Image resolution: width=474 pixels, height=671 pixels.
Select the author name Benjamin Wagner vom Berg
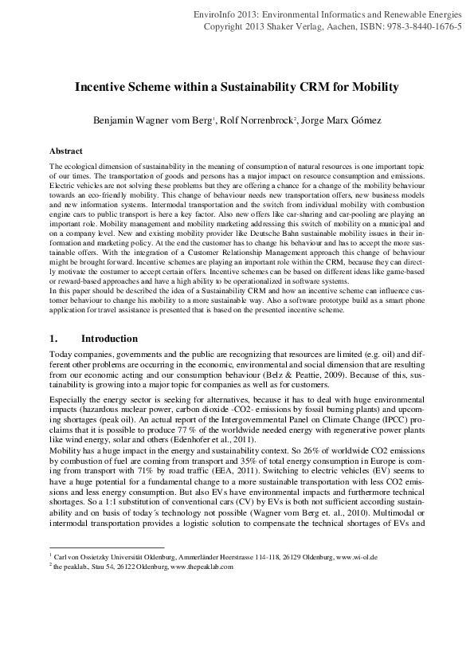tap(145, 120)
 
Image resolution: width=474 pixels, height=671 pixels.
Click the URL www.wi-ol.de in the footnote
tap(362, 557)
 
